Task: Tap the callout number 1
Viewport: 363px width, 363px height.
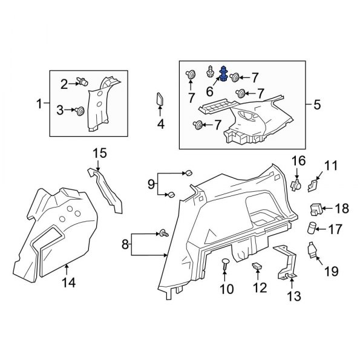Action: point(41,103)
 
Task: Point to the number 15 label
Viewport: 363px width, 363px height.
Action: point(99,152)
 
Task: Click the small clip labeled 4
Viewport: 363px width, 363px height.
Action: point(160,99)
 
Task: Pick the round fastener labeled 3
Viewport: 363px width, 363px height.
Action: point(80,110)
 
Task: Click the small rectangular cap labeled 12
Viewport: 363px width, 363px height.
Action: point(257,267)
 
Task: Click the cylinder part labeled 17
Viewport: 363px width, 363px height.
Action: point(312,229)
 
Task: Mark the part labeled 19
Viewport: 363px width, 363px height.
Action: point(313,250)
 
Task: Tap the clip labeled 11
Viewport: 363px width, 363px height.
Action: point(315,183)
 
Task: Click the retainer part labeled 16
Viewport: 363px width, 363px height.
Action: point(296,183)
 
